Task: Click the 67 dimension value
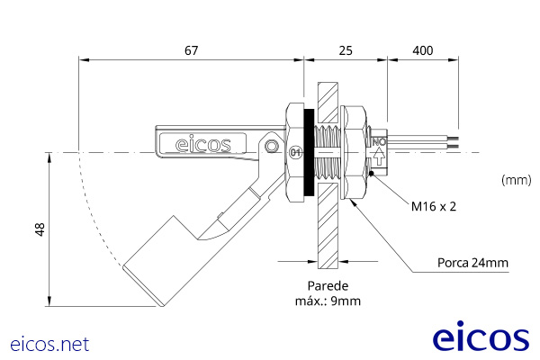[x=192, y=50]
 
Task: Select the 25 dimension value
[x=346, y=50]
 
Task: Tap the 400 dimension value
[x=423, y=50]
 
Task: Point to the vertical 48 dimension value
[x=40, y=229]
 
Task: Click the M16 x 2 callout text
[x=434, y=206]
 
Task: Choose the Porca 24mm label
[x=472, y=263]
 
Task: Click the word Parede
[x=328, y=286]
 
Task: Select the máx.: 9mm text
[x=328, y=301]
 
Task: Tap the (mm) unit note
[x=517, y=180]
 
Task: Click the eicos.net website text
[x=49, y=344]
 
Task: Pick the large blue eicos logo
[x=481, y=336]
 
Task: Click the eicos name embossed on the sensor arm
[x=202, y=144]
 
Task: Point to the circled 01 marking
[x=296, y=152]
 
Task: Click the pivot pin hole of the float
[x=272, y=146]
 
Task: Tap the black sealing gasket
[x=309, y=152]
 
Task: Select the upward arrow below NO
[x=379, y=156]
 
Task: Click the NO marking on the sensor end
[x=379, y=141]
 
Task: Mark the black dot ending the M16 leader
[x=371, y=174]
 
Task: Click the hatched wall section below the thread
[x=328, y=226]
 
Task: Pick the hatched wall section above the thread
[x=328, y=103]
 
